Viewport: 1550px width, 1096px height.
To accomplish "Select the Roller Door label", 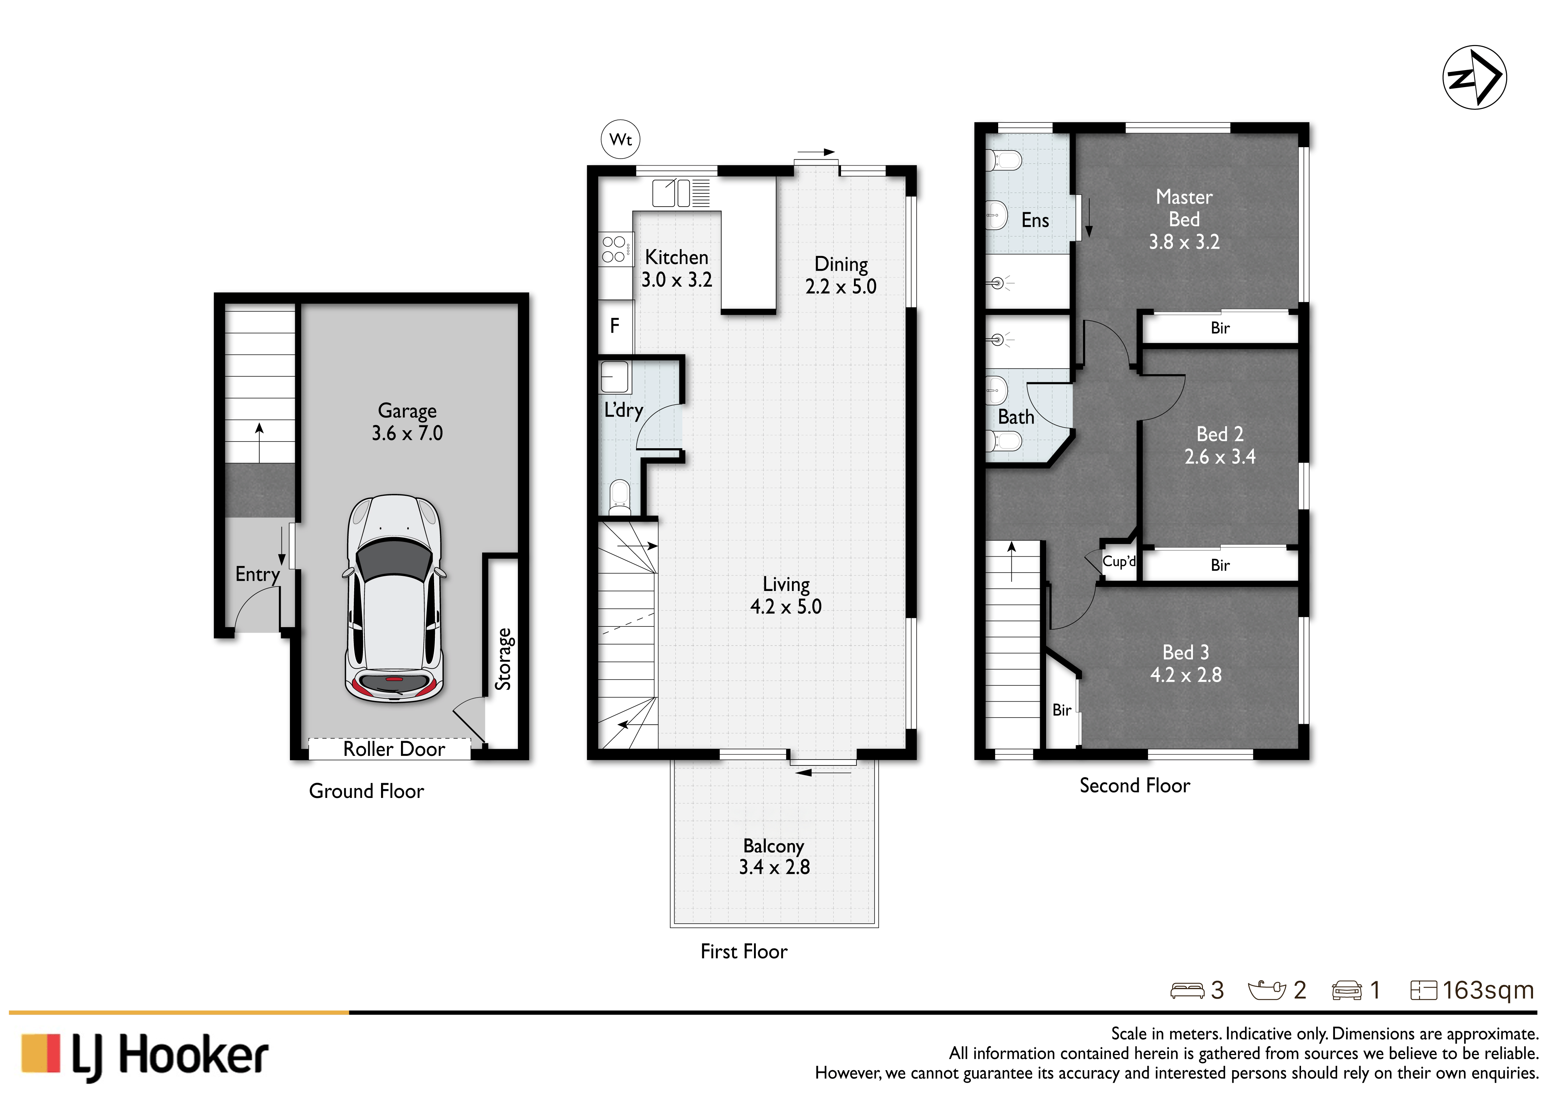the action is [394, 749].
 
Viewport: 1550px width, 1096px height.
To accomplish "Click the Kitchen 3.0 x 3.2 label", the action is [677, 268].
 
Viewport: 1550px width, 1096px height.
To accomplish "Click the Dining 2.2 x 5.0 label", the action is [841, 275].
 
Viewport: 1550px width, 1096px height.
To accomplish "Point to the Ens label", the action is [1035, 220].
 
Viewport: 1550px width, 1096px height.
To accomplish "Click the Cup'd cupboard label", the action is [1119, 561].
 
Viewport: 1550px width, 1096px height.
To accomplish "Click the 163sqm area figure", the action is [1488, 990].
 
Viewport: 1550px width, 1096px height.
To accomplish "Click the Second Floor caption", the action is [1135, 785].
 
